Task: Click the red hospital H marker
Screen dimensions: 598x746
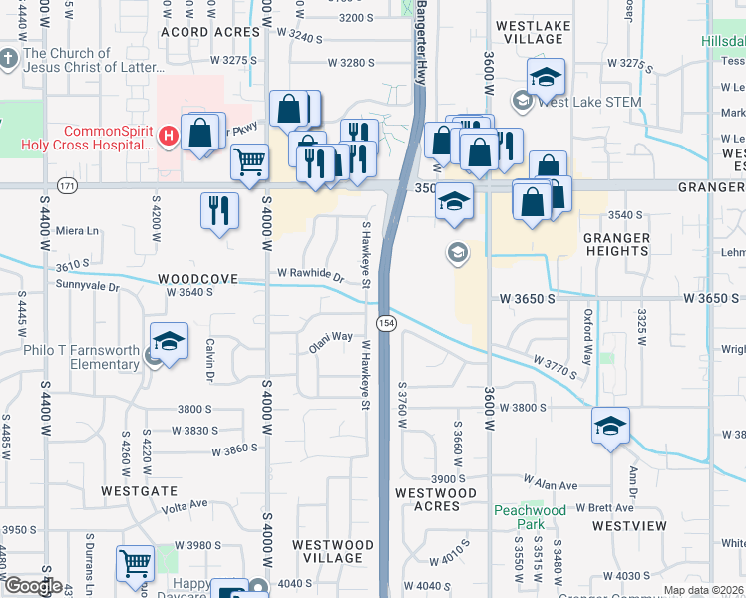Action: (x=169, y=135)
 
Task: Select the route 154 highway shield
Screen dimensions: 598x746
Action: (x=384, y=323)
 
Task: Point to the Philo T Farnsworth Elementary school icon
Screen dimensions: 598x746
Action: (x=169, y=342)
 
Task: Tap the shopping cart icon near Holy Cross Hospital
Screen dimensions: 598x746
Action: (x=249, y=160)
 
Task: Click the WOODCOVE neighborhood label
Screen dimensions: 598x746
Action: (x=196, y=279)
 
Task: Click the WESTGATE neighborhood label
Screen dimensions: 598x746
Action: (x=139, y=491)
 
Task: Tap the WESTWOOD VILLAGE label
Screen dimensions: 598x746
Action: (x=333, y=551)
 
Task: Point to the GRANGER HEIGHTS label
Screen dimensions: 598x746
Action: (x=616, y=244)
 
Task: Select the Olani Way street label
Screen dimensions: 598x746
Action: (x=330, y=337)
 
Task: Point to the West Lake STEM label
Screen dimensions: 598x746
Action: (x=588, y=101)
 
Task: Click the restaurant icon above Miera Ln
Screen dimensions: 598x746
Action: (x=219, y=209)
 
